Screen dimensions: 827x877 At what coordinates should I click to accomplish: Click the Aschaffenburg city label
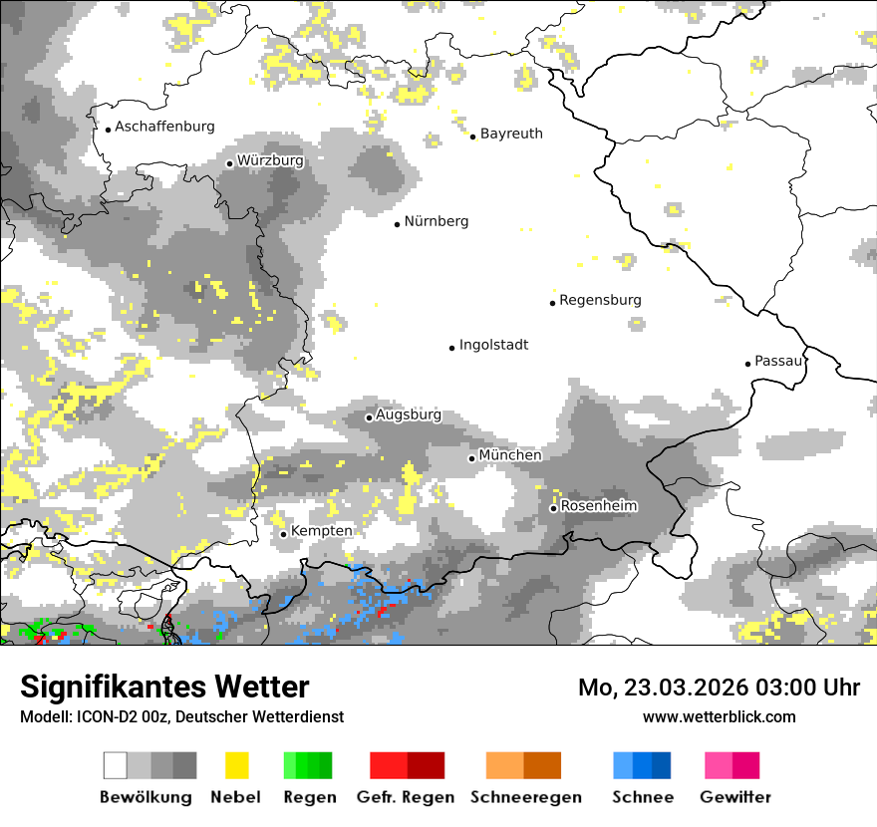[x=164, y=127]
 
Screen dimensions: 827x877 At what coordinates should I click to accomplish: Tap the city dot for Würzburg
[x=229, y=163]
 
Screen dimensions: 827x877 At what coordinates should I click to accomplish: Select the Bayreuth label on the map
[x=511, y=134]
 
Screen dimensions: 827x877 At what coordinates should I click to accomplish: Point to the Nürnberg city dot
[x=397, y=224]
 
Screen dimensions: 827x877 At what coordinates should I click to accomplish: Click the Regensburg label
[x=600, y=300]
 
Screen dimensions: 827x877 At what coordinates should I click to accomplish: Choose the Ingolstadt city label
[x=493, y=345]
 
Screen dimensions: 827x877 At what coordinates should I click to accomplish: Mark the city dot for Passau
[x=747, y=364]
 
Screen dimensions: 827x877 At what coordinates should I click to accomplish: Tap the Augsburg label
[x=408, y=414]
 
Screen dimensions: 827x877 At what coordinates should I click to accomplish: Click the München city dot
[x=472, y=458]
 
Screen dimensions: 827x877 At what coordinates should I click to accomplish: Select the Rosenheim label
[x=598, y=506]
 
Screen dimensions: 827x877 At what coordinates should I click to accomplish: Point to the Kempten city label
[x=321, y=531]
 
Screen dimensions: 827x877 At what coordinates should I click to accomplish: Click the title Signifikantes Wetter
[x=164, y=687]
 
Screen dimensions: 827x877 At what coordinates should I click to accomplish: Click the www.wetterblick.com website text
[x=719, y=716]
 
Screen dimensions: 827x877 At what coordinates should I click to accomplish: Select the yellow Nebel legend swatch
[x=236, y=765]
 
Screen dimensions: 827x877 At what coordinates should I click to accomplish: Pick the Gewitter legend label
[x=734, y=797]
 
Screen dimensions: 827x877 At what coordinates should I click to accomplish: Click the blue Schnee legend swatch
[x=641, y=765]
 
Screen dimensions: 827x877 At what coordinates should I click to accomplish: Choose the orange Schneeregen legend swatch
[x=523, y=765]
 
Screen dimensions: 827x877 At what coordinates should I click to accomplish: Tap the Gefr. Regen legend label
[x=405, y=797]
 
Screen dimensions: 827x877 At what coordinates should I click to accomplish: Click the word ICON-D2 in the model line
[x=100, y=716]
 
